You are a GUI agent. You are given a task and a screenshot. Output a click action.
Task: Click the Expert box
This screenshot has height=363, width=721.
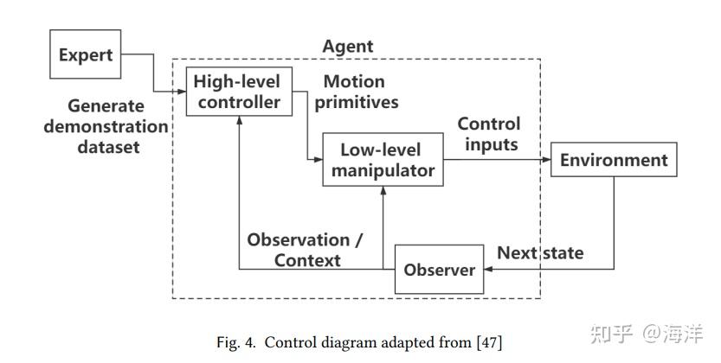(86, 55)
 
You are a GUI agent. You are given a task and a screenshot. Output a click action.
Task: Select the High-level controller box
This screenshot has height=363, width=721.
(237, 92)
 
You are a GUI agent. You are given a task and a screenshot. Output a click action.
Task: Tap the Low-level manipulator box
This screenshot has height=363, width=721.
(383, 160)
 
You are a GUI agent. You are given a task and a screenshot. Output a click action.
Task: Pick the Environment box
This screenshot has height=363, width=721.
(613, 160)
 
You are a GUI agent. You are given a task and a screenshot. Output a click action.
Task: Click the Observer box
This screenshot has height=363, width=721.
(439, 270)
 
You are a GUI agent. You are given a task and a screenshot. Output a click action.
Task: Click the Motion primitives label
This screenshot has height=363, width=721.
(360, 92)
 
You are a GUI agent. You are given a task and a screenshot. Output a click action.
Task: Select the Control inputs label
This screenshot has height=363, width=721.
(491, 134)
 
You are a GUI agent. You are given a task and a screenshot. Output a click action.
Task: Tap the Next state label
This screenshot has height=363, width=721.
(540, 253)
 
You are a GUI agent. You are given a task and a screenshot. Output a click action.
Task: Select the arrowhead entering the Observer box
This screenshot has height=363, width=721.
(489, 270)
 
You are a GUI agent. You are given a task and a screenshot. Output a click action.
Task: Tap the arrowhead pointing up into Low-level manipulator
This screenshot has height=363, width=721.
(383, 191)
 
